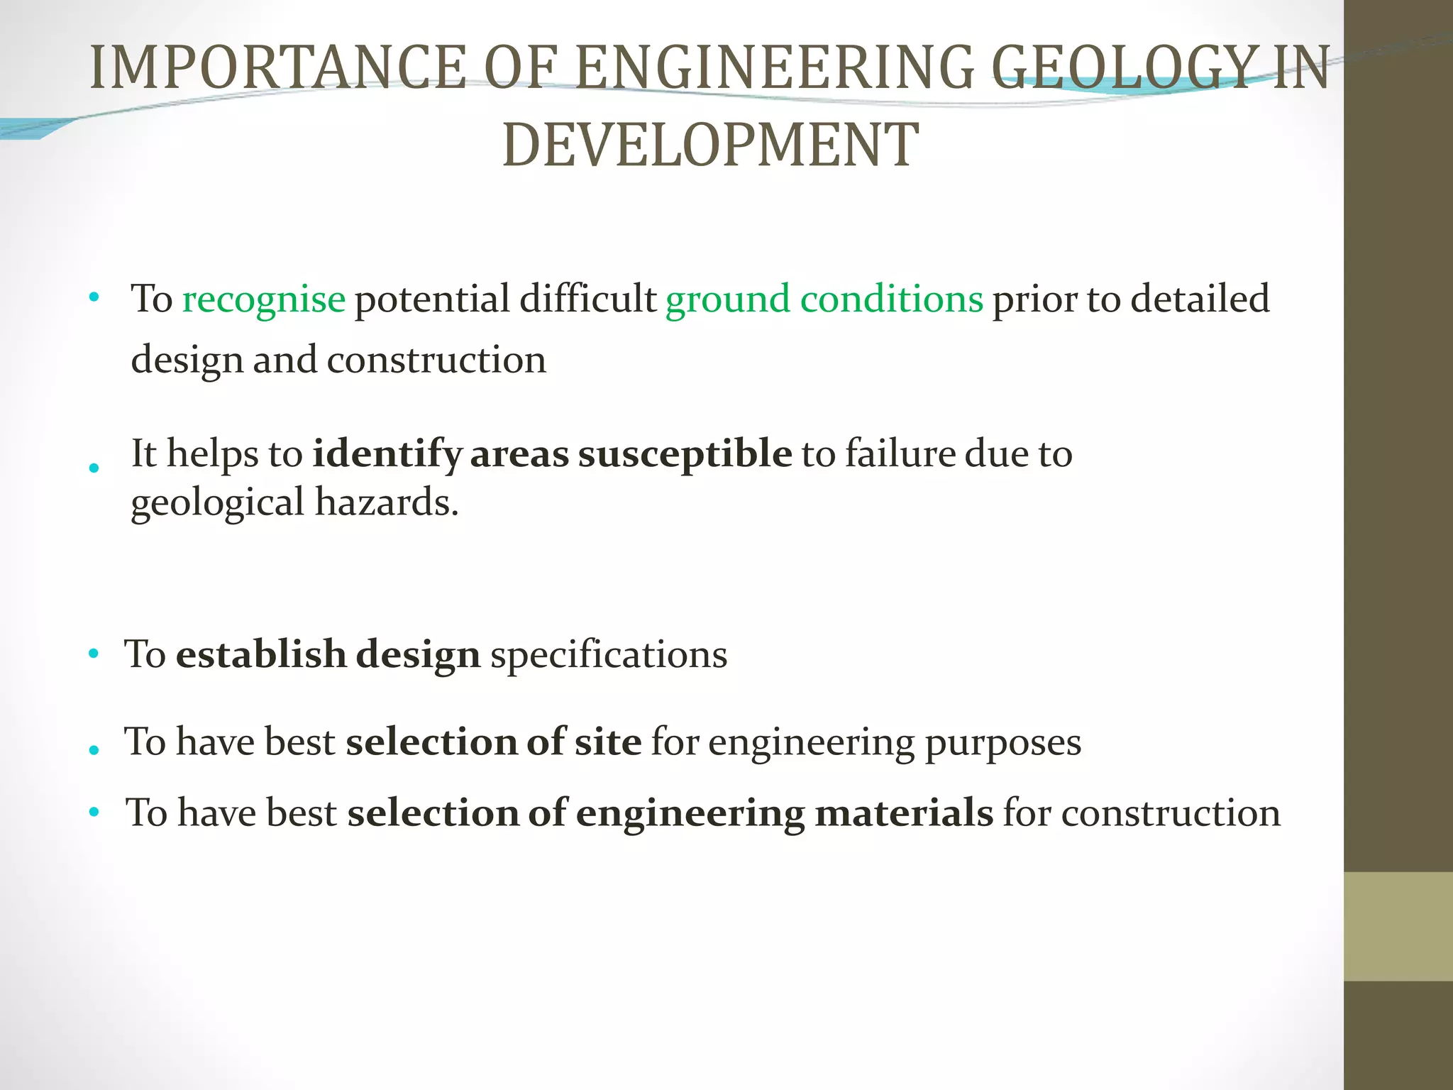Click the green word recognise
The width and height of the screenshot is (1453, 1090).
click(x=263, y=299)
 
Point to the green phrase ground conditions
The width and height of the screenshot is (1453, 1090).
click(x=824, y=299)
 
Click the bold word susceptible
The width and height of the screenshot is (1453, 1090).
click(x=685, y=455)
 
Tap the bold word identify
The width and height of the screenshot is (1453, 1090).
click(x=387, y=455)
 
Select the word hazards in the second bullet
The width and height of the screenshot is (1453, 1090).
click(x=387, y=502)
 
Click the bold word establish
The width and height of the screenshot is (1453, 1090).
click(x=261, y=654)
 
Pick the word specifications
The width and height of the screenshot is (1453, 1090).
click(x=609, y=655)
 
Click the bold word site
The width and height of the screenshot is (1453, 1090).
click(x=608, y=742)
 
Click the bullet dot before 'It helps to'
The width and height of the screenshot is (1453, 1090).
click(x=94, y=468)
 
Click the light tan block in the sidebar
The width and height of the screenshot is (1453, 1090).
click(x=1398, y=926)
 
